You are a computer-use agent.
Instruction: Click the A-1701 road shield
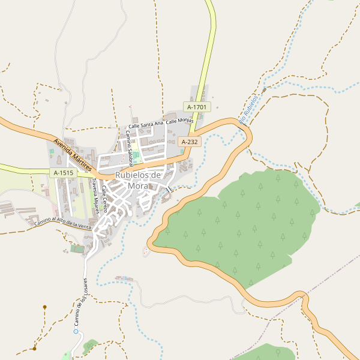click(196, 107)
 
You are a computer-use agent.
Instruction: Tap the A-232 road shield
click(189, 142)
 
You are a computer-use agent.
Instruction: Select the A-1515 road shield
click(63, 173)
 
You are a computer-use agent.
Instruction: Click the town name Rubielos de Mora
click(138, 180)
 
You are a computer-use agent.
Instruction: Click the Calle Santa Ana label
click(146, 125)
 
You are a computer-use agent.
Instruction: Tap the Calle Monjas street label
click(180, 121)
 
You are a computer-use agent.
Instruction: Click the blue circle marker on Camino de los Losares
click(76, 331)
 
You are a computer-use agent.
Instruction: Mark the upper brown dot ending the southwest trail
click(44, 307)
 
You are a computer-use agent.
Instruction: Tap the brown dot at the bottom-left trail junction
click(35, 348)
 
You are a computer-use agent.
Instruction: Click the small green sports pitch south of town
click(77, 248)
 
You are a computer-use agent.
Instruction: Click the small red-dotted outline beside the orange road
click(145, 250)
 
